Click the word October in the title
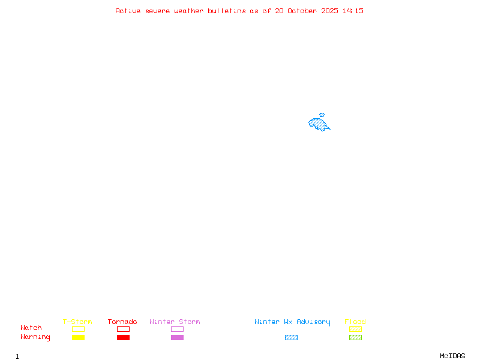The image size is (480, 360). click(x=302, y=11)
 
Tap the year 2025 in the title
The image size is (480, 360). click(x=329, y=11)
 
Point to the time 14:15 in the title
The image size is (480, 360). click(x=353, y=11)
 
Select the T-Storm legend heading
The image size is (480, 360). click(x=77, y=322)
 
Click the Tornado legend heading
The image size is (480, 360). click(x=122, y=322)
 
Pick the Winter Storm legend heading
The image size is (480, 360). click(x=175, y=322)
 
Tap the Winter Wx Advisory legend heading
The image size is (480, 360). click(x=292, y=322)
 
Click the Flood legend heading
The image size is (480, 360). click(x=355, y=322)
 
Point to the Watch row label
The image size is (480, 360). click(x=31, y=328)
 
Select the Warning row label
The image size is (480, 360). click(x=35, y=337)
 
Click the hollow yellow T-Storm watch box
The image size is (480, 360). click(x=79, y=329)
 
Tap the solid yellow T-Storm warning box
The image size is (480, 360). click(x=79, y=337)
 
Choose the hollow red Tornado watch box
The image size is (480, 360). click(x=124, y=329)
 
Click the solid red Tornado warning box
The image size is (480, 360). click(x=124, y=337)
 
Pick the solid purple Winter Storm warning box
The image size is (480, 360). click(x=177, y=337)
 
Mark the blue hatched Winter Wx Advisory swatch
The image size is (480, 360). click(x=291, y=337)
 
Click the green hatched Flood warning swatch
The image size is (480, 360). click(x=355, y=337)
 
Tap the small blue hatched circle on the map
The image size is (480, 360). click(x=322, y=115)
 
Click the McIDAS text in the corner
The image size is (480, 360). click(x=452, y=356)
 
